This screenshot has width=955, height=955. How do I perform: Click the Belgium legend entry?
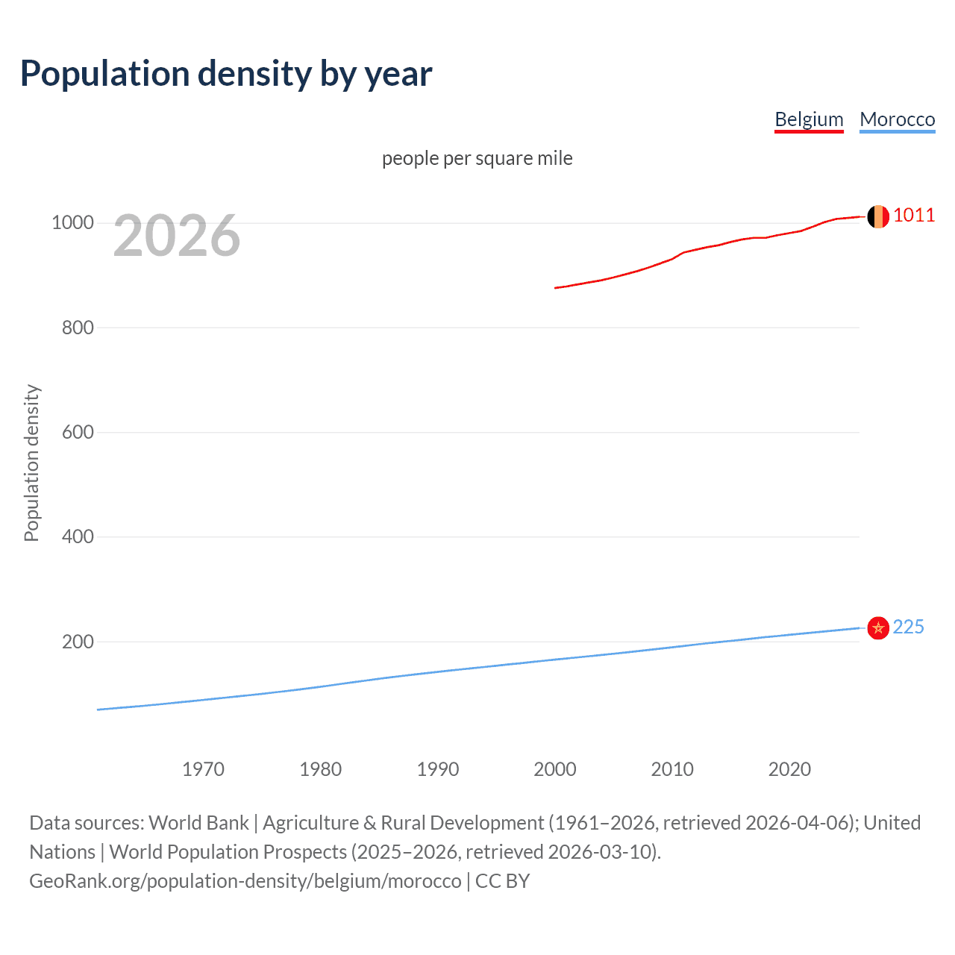[x=809, y=119]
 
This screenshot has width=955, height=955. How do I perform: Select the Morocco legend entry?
[x=897, y=119]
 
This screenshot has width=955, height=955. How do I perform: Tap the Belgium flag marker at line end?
[x=878, y=216]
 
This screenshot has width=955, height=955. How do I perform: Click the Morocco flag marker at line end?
[x=878, y=628]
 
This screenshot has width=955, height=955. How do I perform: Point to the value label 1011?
[x=914, y=216]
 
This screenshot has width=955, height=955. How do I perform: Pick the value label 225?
[x=908, y=627]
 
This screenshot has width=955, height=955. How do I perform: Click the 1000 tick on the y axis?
[x=72, y=223]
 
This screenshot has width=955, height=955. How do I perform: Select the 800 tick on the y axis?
[x=78, y=328]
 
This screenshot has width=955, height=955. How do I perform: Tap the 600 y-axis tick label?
[x=78, y=433]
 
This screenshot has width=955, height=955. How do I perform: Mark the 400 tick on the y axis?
[x=78, y=537]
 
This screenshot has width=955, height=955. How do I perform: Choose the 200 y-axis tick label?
[x=78, y=642]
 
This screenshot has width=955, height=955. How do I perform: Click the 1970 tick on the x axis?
[x=203, y=769]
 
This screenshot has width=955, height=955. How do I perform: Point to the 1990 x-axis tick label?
[x=438, y=769]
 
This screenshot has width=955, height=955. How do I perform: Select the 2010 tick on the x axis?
[x=672, y=769]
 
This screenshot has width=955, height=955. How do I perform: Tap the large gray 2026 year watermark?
[x=177, y=237]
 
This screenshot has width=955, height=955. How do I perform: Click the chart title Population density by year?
[x=226, y=74]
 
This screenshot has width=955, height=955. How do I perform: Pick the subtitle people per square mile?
[x=477, y=159]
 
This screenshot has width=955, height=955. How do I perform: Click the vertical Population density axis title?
[x=31, y=463]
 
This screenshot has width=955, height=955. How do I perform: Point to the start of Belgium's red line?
[x=556, y=287]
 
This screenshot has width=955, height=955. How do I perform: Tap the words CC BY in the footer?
[x=502, y=881]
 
